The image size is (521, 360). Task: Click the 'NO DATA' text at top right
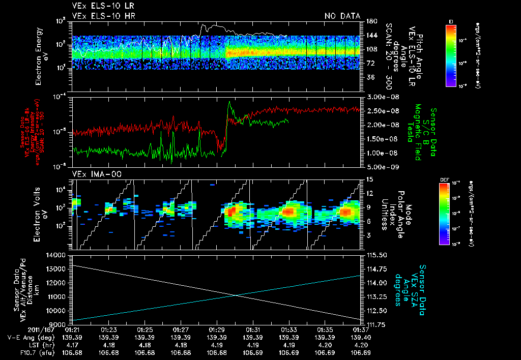(x=342, y=16)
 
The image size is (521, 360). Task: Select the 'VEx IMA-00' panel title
(x=93, y=174)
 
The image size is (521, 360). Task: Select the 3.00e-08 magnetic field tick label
(x=379, y=97)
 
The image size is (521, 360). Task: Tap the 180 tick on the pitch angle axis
(x=371, y=21)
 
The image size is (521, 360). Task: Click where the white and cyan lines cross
(x=237, y=295)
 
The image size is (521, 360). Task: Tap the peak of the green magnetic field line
(x=229, y=102)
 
